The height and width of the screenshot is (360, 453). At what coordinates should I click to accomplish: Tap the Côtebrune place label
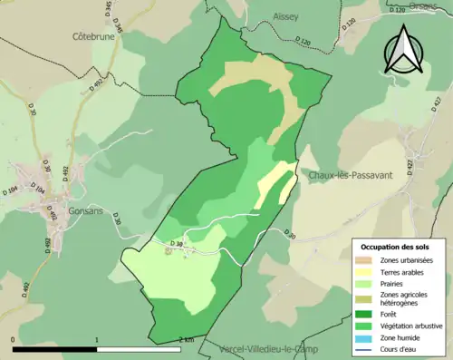tap(96, 37)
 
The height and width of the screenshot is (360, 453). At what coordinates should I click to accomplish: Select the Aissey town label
tap(285, 16)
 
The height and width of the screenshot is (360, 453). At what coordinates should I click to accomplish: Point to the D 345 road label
tap(109, 12)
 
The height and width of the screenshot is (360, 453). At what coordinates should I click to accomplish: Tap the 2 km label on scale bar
tap(186, 339)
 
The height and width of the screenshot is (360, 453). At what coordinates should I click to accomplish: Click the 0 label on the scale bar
tap(14, 339)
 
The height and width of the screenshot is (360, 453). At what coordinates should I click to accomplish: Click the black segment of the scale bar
tap(55, 349)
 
